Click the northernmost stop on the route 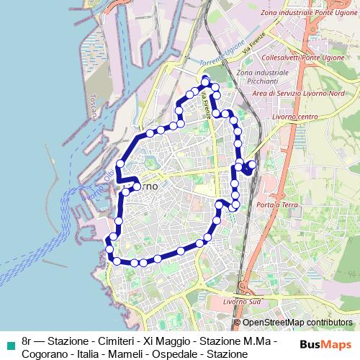[x=206, y=80]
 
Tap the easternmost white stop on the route [x=252, y=165]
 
